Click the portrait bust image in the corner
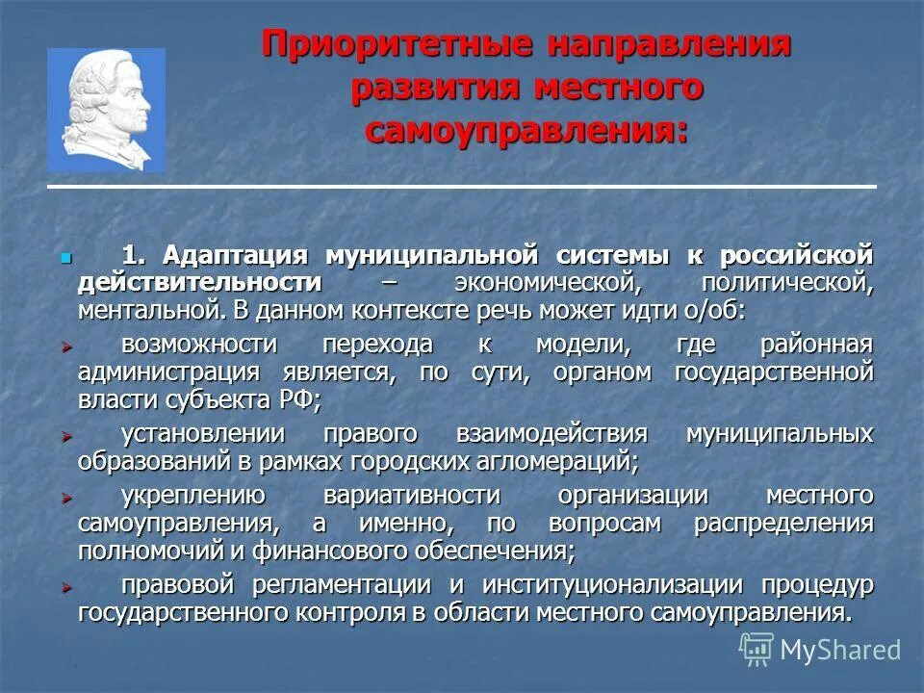[x=106, y=110]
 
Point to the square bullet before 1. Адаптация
[x=66, y=259]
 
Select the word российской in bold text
[x=804, y=257]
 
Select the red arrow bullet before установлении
[x=66, y=435]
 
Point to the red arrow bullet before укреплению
[x=66, y=498]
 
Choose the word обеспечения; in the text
[x=511, y=551]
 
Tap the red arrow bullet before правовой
[x=66, y=586]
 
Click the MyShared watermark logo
[x=820, y=650]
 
